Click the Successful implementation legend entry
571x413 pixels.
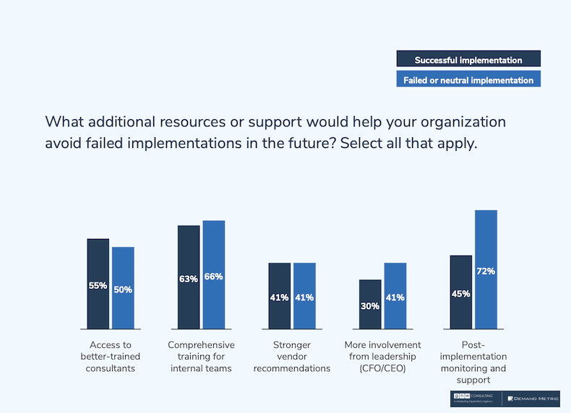(x=468, y=60)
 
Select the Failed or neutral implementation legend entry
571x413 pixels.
(x=468, y=79)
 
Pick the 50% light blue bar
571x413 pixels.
(x=123, y=288)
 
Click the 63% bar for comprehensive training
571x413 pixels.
(x=189, y=277)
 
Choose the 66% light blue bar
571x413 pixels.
(x=214, y=275)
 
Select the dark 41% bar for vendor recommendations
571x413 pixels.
(x=280, y=296)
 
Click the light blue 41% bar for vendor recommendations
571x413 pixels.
(x=304, y=296)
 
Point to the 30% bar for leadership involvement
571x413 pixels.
(x=370, y=304)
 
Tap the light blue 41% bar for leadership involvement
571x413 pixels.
(x=395, y=296)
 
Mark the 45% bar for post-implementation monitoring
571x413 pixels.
(x=461, y=292)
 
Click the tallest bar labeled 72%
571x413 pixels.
(x=486, y=270)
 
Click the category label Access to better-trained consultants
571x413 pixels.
(x=111, y=357)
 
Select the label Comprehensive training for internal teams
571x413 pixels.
(x=201, y=357)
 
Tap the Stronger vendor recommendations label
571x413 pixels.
(x=292, y=357)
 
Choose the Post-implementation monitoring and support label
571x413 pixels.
(x=473, y=362)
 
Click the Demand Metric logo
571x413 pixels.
(x=532, y=399)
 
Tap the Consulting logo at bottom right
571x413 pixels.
(x=475, y=399)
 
